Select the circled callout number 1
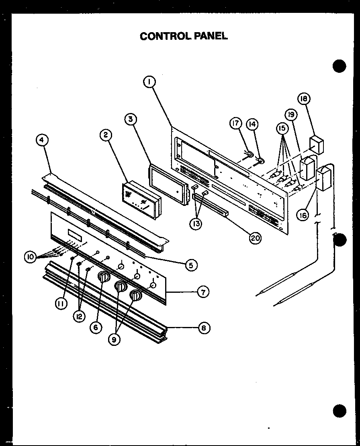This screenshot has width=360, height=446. coord(149,82)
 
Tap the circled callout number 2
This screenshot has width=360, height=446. coord(106,136)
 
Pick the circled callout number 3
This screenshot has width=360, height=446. coord(130,119)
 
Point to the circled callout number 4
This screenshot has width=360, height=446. coord(42,140)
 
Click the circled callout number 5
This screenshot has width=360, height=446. coord(191,265)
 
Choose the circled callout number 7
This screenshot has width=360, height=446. coord(203,292)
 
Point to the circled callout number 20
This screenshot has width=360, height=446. coord(255,238)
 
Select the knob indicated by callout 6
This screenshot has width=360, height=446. coord(103,278)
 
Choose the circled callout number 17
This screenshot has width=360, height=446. coord(236,124)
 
